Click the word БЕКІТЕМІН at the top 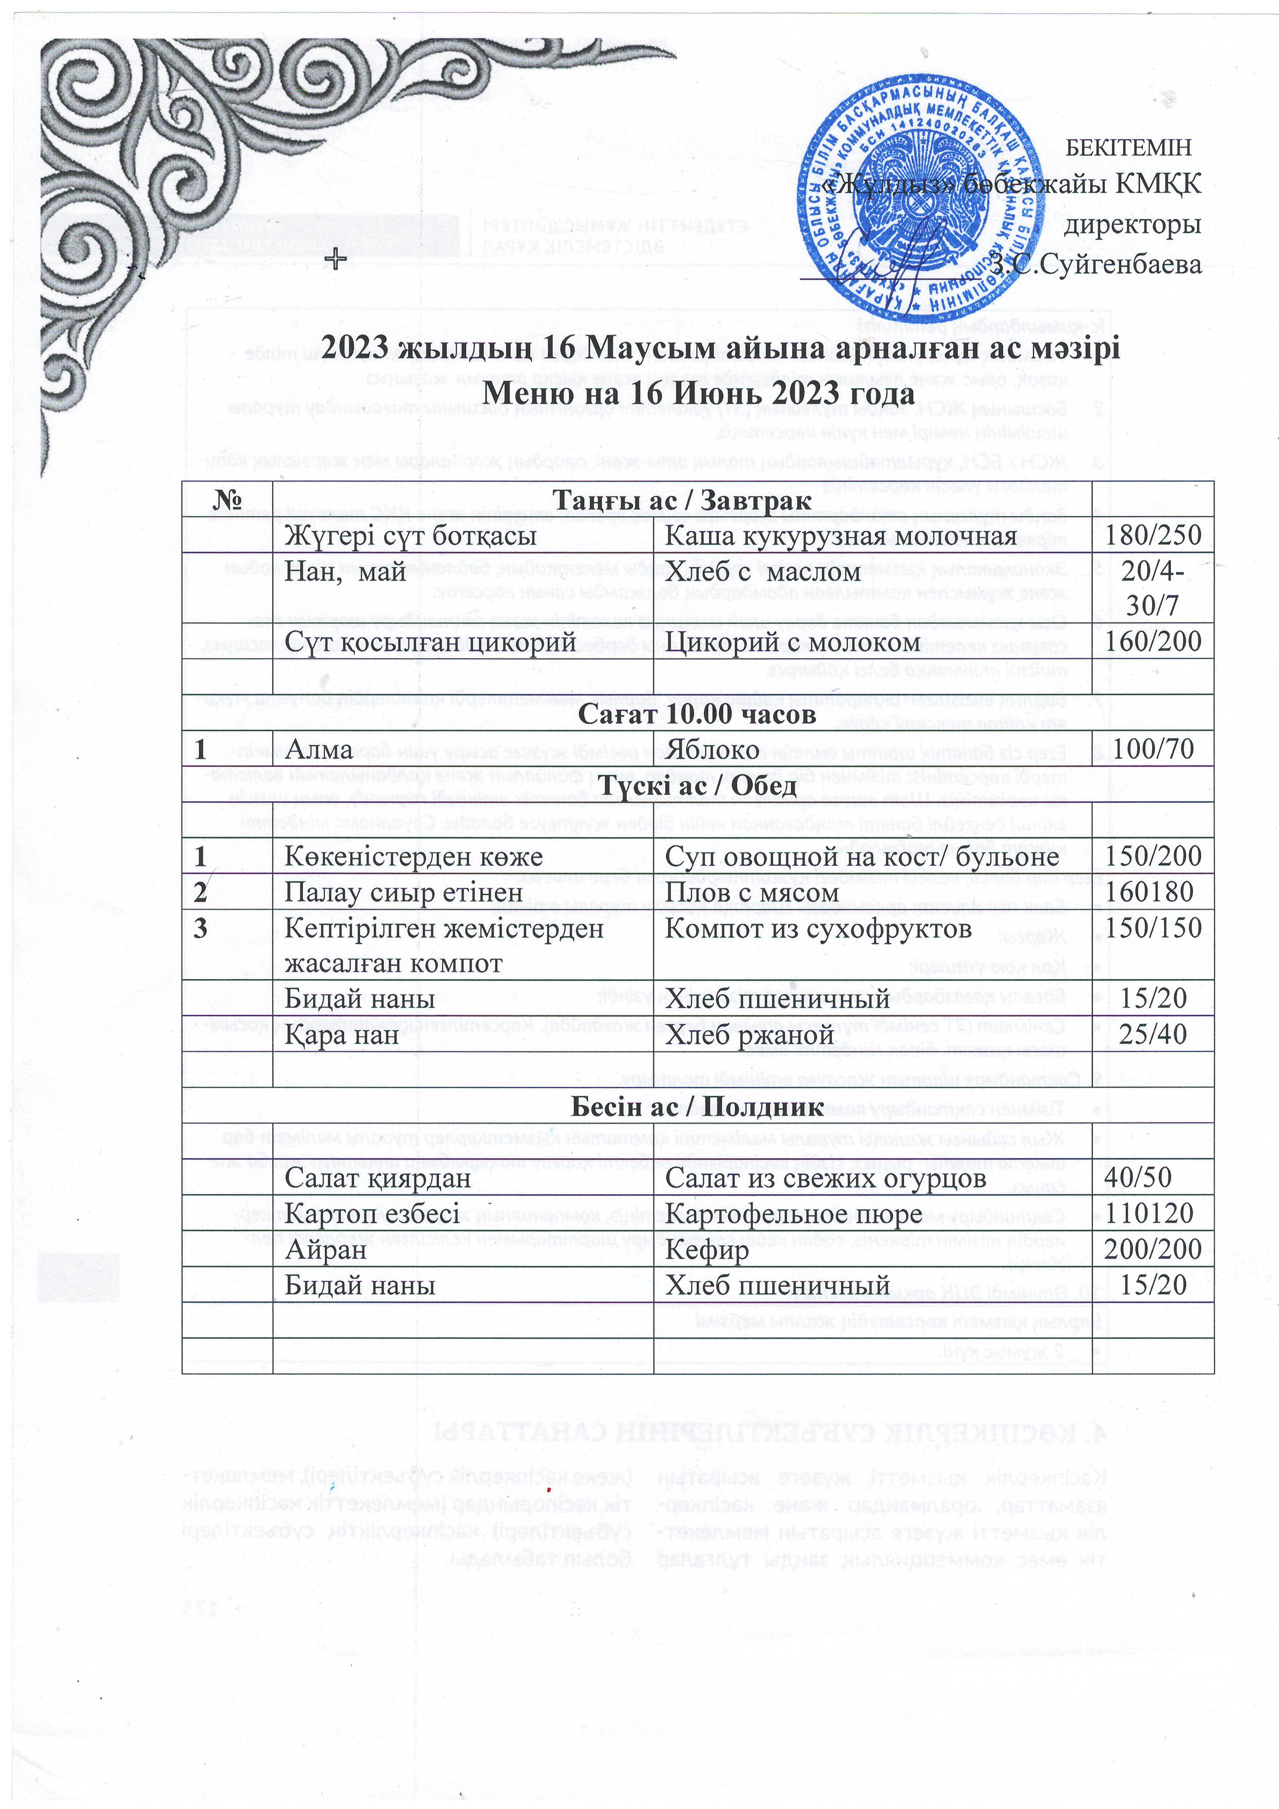coord(1128,147)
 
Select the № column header coord(227,500)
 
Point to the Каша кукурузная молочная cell coord(841,536)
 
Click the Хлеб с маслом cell coord(763,571)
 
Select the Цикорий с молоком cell coord(792,642)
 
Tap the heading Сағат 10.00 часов coord(697,713)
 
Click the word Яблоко coord(712,749)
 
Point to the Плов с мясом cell coord(752,892)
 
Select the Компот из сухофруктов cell coord(818,928)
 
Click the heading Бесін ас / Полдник coord(697,1106)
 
